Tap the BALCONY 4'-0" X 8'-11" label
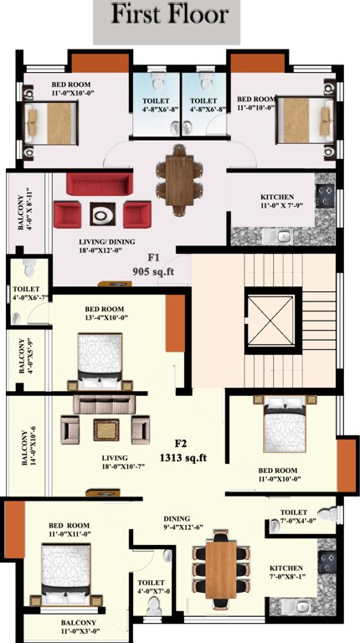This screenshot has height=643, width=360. tap(22, 208)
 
